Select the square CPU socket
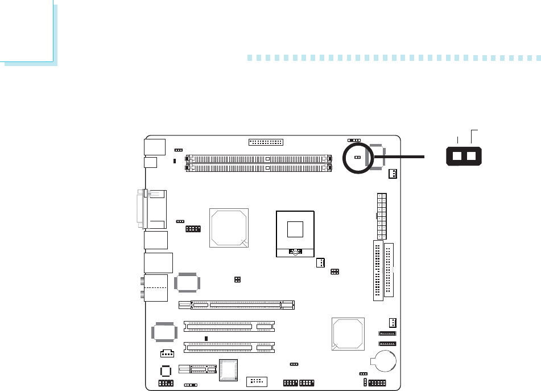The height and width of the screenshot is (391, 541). coord(295,232)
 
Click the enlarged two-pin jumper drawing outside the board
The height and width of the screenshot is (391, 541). coord(464,157)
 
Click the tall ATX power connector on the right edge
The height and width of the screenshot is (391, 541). coord(381,216)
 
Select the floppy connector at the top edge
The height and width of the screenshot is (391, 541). coord(266,142)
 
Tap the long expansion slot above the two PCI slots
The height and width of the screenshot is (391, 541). coord(236,305)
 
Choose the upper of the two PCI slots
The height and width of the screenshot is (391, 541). coord(229,326)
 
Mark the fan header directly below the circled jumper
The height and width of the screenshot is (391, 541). coord(392,174)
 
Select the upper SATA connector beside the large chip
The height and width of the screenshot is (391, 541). coord(386,334)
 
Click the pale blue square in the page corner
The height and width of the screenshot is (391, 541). coord(27,31)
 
